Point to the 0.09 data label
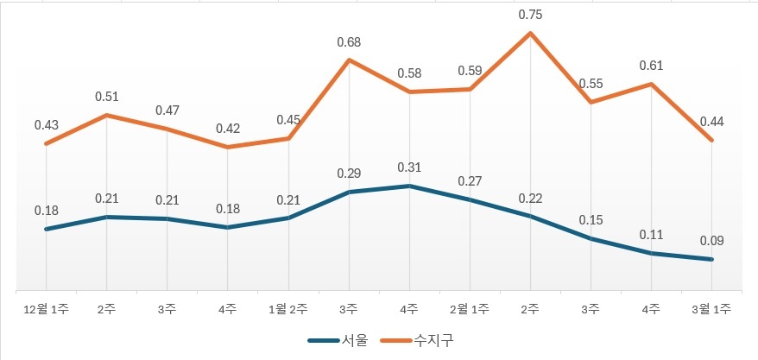coord(711,241)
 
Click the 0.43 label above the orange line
coord(47,125)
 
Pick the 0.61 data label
coord(651,65)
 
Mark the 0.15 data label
coord(591,220)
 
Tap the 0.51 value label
coord(107,97)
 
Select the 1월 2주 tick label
coord(288,308)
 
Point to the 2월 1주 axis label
coord(470,308)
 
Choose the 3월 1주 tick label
coord(711,308)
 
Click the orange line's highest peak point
coord(530,34)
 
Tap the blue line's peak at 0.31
coord(409,186)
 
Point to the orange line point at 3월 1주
coord(711,140)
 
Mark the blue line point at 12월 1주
coord(47,229)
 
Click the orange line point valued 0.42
coord(228,147)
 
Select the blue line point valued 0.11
coord(651,253)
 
